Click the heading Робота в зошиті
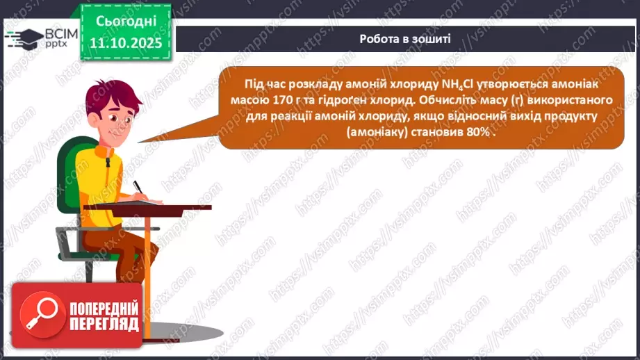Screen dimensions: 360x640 pos(404,38)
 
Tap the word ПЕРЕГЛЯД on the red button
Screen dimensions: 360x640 pos(104,324)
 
